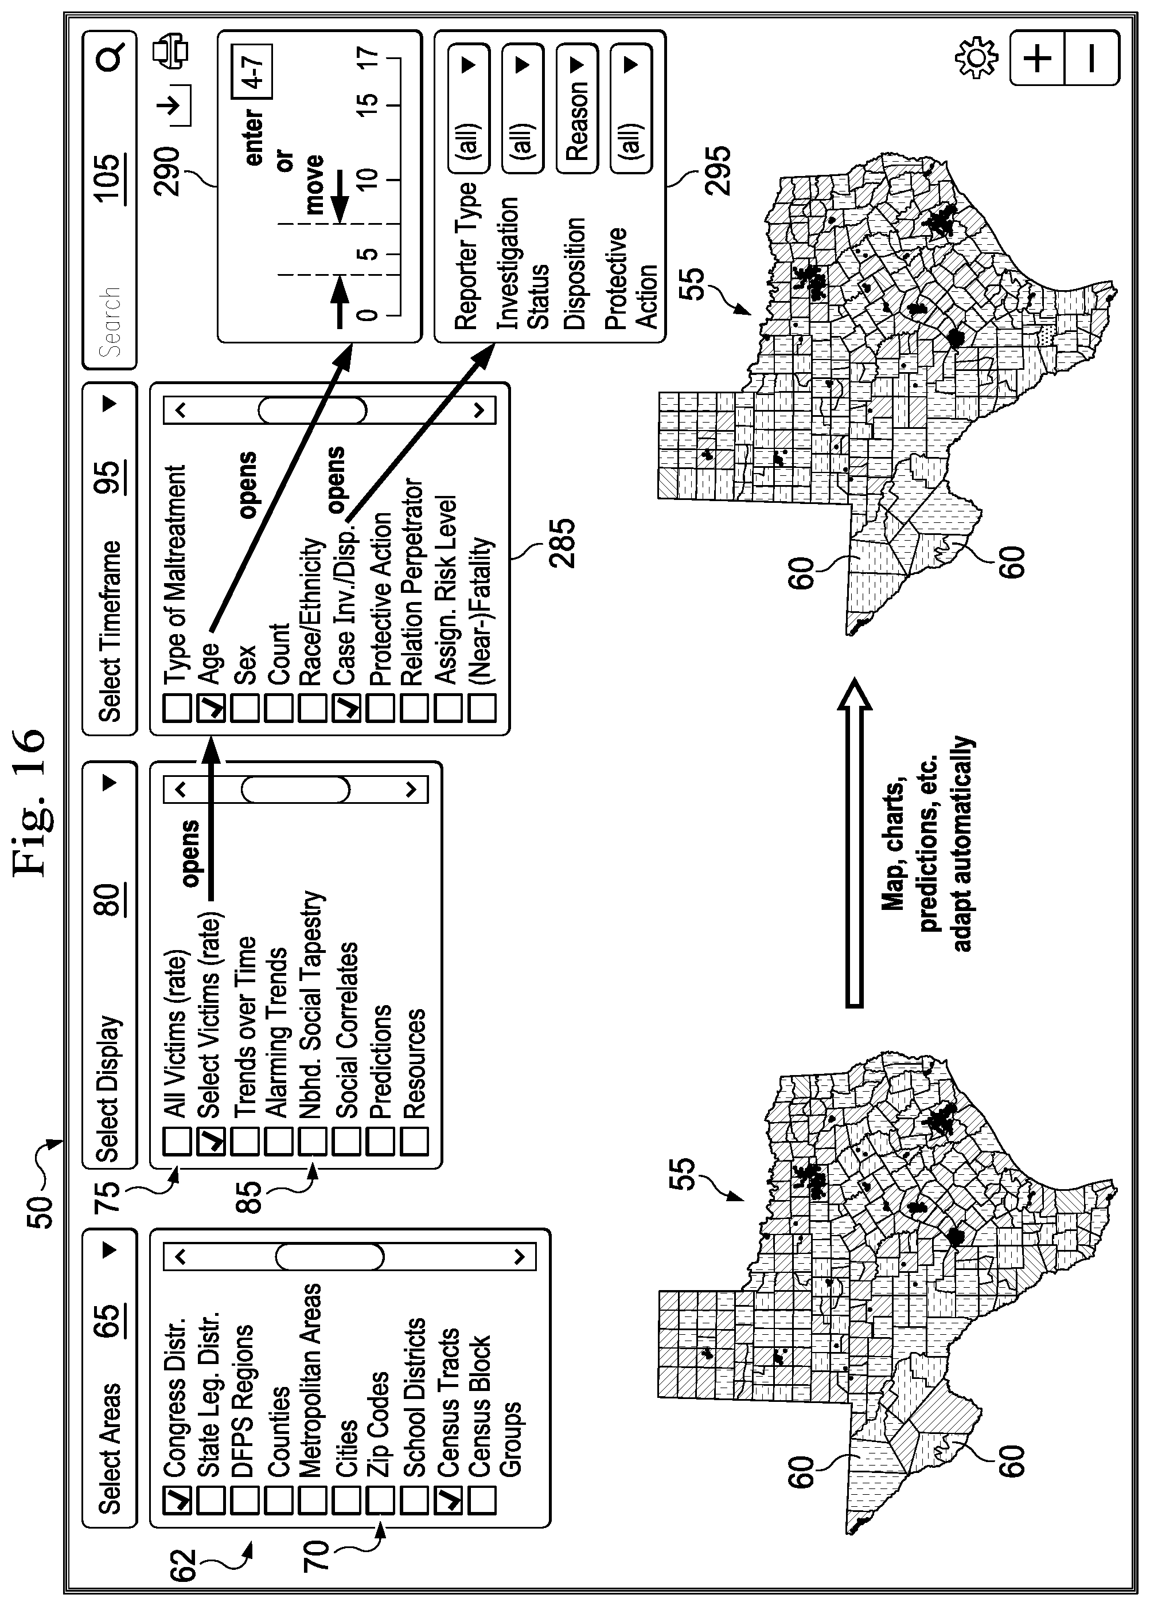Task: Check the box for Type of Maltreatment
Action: [x=177, y=708]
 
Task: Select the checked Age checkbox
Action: [x=211, y=708]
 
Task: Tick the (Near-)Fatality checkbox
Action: [x=482, y=708]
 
